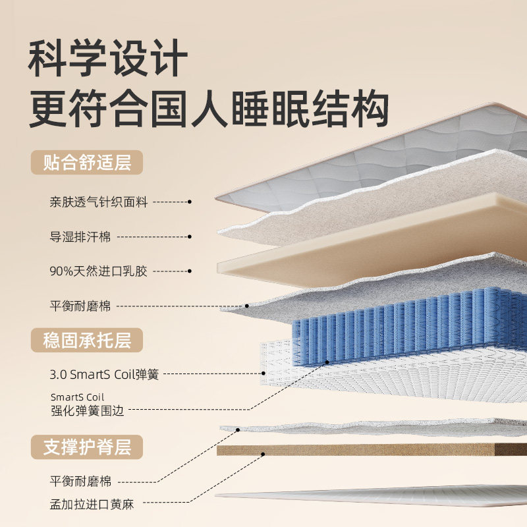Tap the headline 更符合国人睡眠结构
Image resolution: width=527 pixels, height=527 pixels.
[208, 108]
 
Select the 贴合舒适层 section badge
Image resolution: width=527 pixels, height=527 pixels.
[86, 162]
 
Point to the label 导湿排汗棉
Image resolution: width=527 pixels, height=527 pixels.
[80, 236]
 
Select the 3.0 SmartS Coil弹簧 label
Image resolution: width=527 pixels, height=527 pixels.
[104, 375]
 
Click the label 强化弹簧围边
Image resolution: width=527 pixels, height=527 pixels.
[87, 410]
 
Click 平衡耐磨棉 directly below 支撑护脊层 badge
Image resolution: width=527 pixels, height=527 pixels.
[80, 480]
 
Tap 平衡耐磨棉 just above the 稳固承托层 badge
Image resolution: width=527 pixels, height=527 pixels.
[80, 306]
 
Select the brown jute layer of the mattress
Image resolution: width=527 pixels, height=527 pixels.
[369, 450]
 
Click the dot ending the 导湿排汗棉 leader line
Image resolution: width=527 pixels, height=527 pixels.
[190, 236]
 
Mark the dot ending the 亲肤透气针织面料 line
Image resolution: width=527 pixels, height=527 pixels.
[190, 202]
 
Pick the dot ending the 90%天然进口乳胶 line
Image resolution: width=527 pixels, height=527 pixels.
[190, 270]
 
